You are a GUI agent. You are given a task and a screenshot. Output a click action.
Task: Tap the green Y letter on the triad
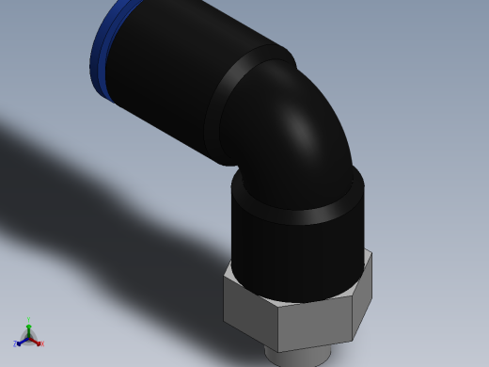(x=28, y=320)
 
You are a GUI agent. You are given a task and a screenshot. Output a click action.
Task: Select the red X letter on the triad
(x=41, y=344)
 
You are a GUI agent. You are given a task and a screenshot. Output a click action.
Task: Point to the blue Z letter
(x=16, y=344)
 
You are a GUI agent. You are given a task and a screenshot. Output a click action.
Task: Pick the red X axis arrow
(x=36, y=341)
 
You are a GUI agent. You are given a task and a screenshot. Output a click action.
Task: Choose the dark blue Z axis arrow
(x=21, y=341)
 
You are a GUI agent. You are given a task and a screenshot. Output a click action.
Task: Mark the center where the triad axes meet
(x=28, y=337)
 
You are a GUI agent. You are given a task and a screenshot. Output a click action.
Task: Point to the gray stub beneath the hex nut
(x=296, y=356)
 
